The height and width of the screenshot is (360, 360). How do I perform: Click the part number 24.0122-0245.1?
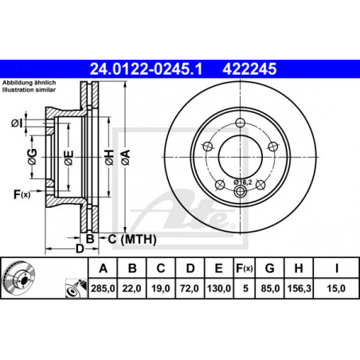146,69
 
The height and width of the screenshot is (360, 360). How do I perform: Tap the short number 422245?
249,69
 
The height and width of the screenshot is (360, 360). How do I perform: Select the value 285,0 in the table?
103,288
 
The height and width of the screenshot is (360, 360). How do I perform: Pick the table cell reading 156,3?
299,288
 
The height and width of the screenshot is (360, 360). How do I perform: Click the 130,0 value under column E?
219,288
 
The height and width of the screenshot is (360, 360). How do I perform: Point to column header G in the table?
270,268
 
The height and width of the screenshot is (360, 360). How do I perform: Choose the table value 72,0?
190,288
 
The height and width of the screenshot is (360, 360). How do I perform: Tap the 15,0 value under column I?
336,288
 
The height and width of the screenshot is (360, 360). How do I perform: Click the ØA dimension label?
126,157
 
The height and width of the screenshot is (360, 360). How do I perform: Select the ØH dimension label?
109,157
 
